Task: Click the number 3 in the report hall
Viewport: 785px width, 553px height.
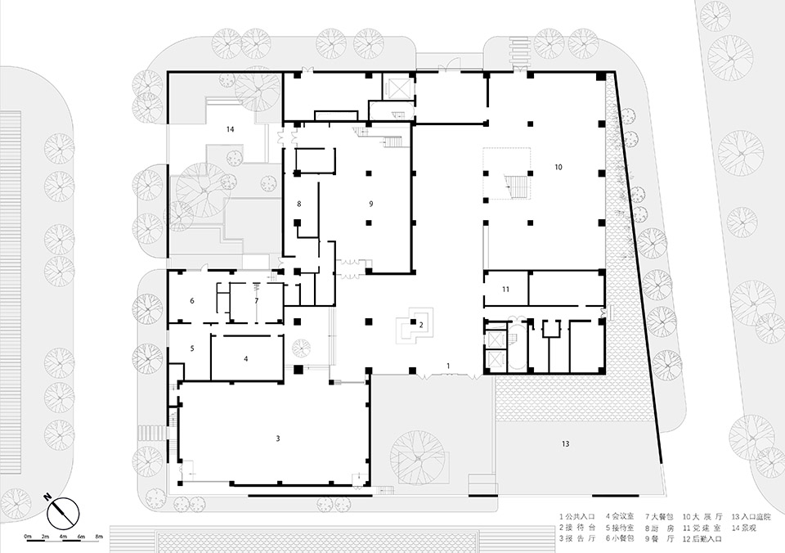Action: click(278, 439)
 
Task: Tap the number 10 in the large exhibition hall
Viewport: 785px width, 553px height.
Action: click(558, 167)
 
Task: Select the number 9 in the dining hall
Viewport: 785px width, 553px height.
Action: click(370, 203)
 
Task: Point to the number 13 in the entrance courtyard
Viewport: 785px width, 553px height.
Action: click(565, 443)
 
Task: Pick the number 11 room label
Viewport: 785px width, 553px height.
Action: click(505, 290)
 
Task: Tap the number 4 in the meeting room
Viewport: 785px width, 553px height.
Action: click(245, 358)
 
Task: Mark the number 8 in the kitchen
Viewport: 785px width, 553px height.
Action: click(299, 203)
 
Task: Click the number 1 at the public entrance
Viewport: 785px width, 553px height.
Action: click(447, 364)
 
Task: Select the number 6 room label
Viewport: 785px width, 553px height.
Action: click(192, 301)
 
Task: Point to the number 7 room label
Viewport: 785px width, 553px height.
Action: click(256, 301)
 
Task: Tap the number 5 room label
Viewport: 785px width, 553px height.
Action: click(192, 348)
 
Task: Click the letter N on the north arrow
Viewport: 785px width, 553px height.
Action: click(49, 497)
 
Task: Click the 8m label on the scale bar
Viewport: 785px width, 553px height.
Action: click(99, 537)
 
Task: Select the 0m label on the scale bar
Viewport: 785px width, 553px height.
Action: click(28, 537)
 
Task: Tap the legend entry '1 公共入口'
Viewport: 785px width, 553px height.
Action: click(577, 516)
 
